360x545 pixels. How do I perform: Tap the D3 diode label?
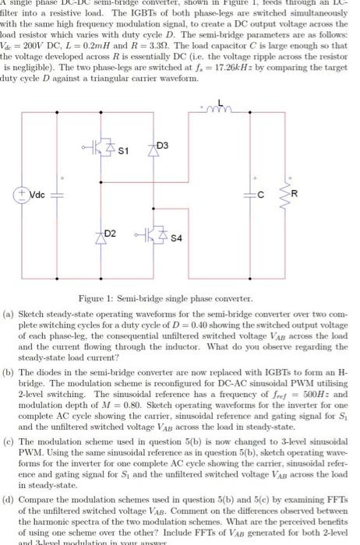[161, 146]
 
